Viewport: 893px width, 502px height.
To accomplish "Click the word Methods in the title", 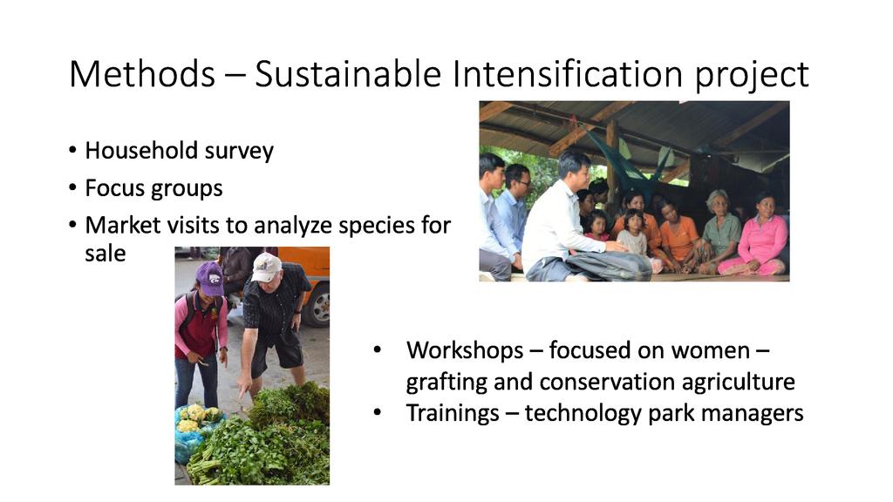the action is pyautogui.click(x=142, y=74).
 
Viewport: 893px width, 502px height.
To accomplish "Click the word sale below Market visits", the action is pyautogui.click(x=106, y=254).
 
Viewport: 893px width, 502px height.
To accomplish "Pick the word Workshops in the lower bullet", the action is pyautogui.click(x=465, y=350).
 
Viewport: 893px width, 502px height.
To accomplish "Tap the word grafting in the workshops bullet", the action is pyautogui.click(x=446, y=383).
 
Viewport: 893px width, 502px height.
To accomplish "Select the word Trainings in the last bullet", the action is pyautogui.click(x=453, y=414).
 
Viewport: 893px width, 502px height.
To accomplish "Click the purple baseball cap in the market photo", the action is pyautogui.click(x=209, y=278).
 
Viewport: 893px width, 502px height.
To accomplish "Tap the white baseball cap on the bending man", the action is pyautogui.click(x=265, y=267).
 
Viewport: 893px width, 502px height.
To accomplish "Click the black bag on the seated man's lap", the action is pyautogui.click(x=608, y=265).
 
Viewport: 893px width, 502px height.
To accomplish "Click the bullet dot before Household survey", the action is pyautogui.click(x=72, y=151).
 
